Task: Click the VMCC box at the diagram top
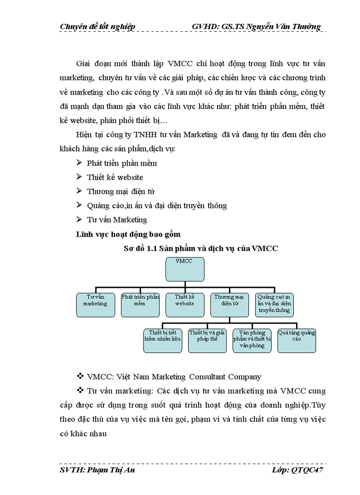coord(185,268)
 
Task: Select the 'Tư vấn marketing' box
coord(96,305)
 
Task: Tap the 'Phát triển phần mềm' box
coord(140,305)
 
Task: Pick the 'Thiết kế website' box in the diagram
coord(185,305)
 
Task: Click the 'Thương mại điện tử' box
coord(229,305)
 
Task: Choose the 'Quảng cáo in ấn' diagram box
coord(274,305)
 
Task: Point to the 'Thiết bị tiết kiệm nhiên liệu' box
coord(163,340)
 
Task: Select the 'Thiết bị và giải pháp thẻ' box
coord(207,340)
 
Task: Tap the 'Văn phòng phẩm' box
coord(252,340)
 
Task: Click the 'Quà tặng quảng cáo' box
coord(296,340)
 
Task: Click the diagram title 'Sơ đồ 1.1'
coord(201,248)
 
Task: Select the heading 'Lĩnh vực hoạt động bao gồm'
coord(128,234)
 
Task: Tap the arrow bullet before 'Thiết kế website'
coord(79,177)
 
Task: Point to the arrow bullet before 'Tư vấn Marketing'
coord(79,219)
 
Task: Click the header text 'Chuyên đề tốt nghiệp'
coord(97,27)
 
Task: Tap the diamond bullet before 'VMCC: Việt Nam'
coord(80,377)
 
